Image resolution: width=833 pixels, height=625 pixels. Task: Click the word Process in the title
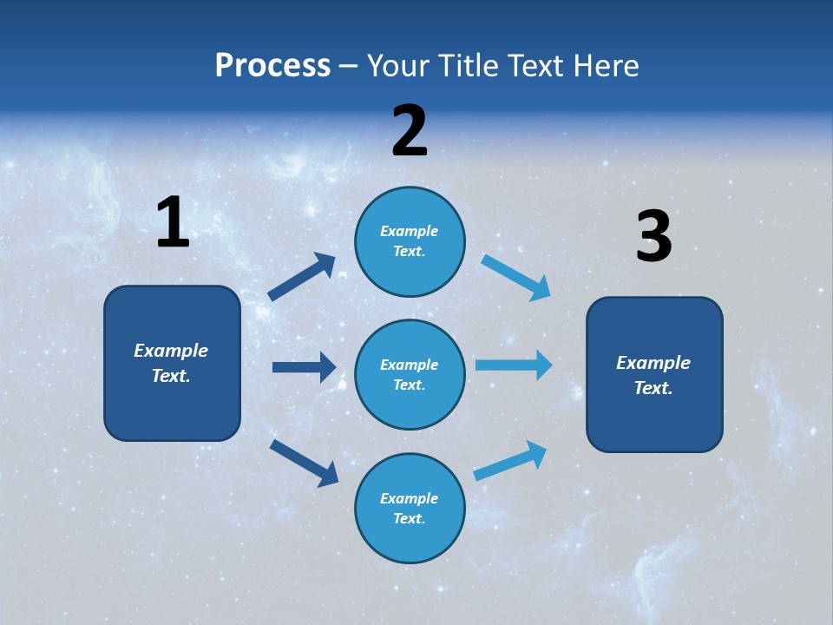[272, 66]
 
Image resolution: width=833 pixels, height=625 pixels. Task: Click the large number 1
[173, 222]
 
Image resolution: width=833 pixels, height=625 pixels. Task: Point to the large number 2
[410, 131]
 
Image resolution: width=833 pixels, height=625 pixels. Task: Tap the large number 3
[653, 237]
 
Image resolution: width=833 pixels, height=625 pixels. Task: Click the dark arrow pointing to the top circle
[302, 277]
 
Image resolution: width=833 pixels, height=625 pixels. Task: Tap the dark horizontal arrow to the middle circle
[304, 367]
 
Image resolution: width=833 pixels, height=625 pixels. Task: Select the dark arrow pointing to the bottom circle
[304, 463]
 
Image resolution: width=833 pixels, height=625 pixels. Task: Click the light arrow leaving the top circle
[516, 277]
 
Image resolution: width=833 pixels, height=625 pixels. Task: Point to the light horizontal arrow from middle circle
[514, 365]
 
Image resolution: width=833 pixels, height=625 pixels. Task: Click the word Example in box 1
[171, 351]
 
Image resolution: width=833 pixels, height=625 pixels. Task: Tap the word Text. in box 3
[653, 388]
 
